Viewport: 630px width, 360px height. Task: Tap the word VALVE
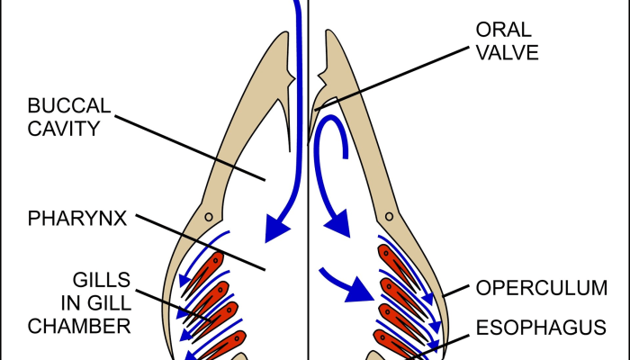pyautogui.click(x=507, y=52)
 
